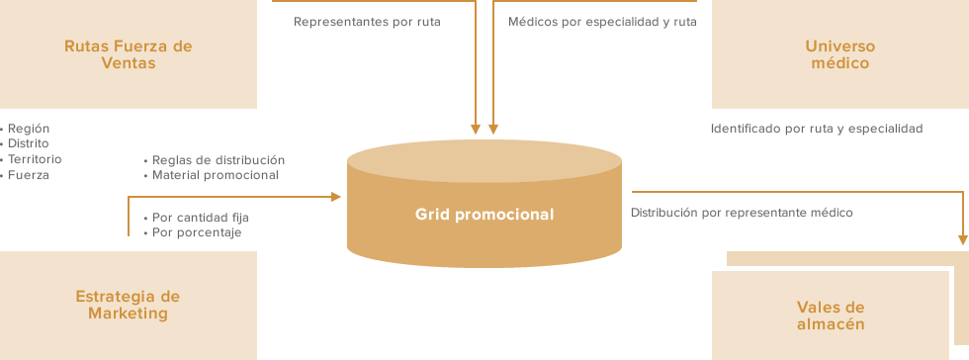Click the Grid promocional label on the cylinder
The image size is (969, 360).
click(x=484, y=214)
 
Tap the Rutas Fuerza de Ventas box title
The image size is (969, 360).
click(x=128, y=54)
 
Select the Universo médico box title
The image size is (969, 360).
click(x=839, y=54)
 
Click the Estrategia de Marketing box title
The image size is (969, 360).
click(x=128, y=305)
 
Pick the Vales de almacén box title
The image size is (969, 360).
click(x=831, y=315)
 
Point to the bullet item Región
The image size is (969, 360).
click(x=29, y=129)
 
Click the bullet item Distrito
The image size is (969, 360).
click(x=29, y=143)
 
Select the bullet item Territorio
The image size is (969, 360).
click(x=35, y=159)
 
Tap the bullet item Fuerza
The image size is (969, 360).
click(x=29, y=175)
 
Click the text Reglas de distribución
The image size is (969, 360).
click(x=219, y=159)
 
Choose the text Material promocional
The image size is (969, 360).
click(x=216, y=175)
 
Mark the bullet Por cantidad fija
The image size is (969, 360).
click(x=201, y=217)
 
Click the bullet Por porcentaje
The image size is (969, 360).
click(x=197, y=232)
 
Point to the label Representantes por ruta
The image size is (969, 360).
click(x=367, y=21)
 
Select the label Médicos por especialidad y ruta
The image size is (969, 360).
click(x=602, y=21)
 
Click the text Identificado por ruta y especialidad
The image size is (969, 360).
click(x=817, y=129)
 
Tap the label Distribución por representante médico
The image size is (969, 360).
click(x=742, y=212)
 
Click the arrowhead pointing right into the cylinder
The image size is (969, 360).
click(x=335, y=197)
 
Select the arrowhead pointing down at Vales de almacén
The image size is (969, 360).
click(x=963, y=238)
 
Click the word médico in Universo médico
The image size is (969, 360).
click(x=839, y=63)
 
